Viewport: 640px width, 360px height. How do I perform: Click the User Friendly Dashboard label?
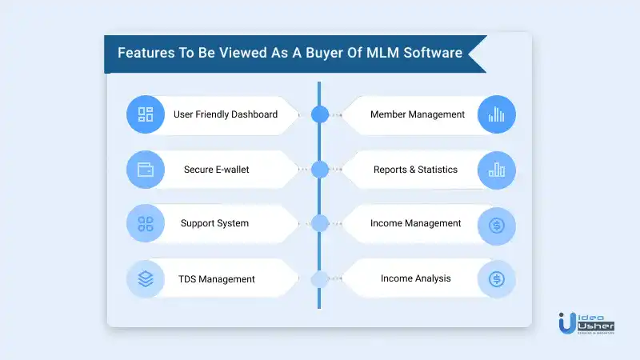[226, 114]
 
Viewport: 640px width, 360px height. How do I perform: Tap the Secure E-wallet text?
[216, 170]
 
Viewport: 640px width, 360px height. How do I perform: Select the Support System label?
[214, 223]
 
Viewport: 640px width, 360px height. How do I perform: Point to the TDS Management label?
[216, 279]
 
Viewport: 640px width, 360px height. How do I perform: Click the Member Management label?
[418, 114]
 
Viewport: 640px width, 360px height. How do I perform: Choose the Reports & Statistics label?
[415, 170]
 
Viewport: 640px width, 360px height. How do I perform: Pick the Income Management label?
[415, 223]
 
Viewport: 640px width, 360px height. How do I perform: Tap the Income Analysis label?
[415, 278]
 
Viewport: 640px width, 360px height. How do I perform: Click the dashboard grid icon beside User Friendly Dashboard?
[146, 114]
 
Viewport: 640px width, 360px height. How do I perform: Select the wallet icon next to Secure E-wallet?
[146, 170]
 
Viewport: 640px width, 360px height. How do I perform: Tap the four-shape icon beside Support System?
[146, 224]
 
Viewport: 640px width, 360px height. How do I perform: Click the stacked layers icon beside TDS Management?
[146, 278]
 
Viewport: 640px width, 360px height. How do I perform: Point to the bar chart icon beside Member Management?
[496, 114]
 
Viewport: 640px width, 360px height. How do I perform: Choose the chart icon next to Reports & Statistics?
[497, 170]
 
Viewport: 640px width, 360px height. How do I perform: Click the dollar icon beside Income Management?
[497, 226]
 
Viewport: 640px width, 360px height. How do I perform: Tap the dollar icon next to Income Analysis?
[497, 279]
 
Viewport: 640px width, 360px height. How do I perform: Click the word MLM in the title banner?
[383, 53]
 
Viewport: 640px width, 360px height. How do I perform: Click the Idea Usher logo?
[586, 324]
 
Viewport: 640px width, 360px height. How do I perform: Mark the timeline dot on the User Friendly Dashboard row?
[319, 114]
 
